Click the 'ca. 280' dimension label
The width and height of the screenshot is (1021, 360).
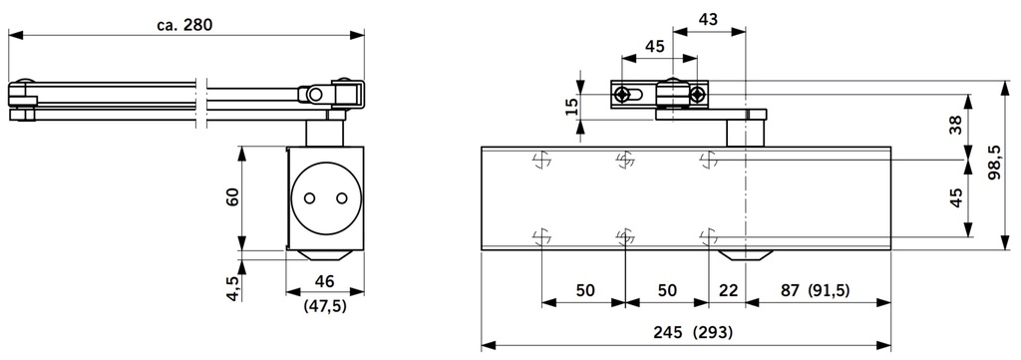click(184, 25)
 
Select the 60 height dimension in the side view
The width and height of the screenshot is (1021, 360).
click(232, 196)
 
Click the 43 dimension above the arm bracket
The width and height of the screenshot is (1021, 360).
click(709, 19)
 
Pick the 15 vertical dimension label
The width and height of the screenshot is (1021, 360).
click(571, 107)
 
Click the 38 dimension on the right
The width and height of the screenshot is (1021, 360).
click(956, 125)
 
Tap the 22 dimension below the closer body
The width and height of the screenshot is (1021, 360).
click(729, 290)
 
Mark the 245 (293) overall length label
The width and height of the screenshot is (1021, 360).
click(694, 333)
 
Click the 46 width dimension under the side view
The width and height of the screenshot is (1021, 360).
click(324, 281)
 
